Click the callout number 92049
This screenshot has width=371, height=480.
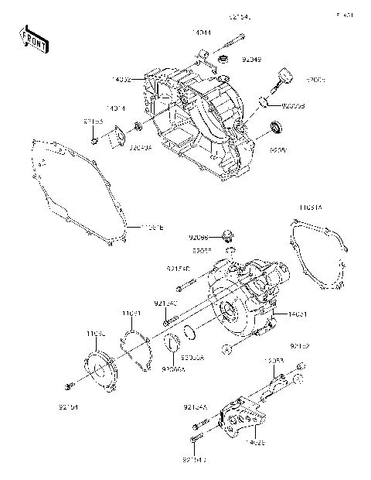pyautogui.click(x=252, y=59)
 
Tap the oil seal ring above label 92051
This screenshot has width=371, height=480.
pyautogui.click(x=276, y=127)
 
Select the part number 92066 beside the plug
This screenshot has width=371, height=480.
pyautogui.click(x=199, y=236)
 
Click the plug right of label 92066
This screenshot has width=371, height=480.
pyautogui.click(x=227, y=235)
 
